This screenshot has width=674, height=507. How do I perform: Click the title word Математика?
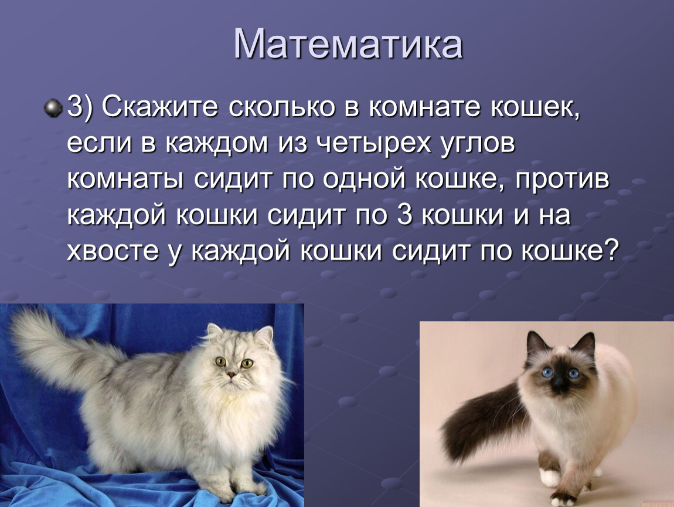348,44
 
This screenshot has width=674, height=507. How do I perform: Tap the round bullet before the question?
53,107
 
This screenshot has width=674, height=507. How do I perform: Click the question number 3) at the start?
80,107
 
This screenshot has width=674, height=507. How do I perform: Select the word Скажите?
159,107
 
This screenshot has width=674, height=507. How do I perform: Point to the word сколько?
281,107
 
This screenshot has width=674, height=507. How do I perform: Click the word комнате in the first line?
424,107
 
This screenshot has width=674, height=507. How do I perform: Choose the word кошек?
535,107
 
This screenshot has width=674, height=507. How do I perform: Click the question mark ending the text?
612,249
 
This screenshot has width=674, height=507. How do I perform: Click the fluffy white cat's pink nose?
232,374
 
